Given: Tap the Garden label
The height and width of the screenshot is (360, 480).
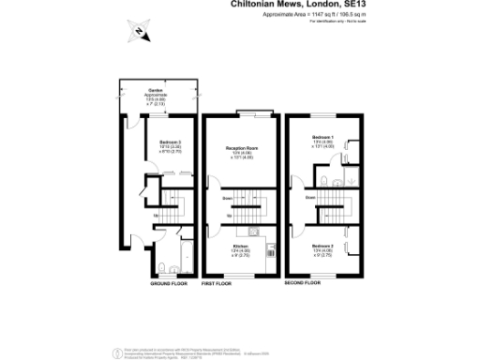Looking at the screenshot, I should [x=157, y=92].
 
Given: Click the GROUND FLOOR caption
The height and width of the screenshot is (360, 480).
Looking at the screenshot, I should [x=166, y=282].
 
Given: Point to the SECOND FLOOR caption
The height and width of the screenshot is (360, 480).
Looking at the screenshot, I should [x=303, y=282].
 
